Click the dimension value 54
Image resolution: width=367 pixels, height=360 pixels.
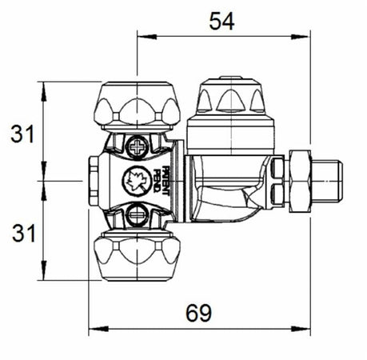[x=221, y=22]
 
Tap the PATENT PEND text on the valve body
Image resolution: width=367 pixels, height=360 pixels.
[x=166, y=181]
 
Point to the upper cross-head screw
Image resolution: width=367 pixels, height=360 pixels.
[x=137, y=146]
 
